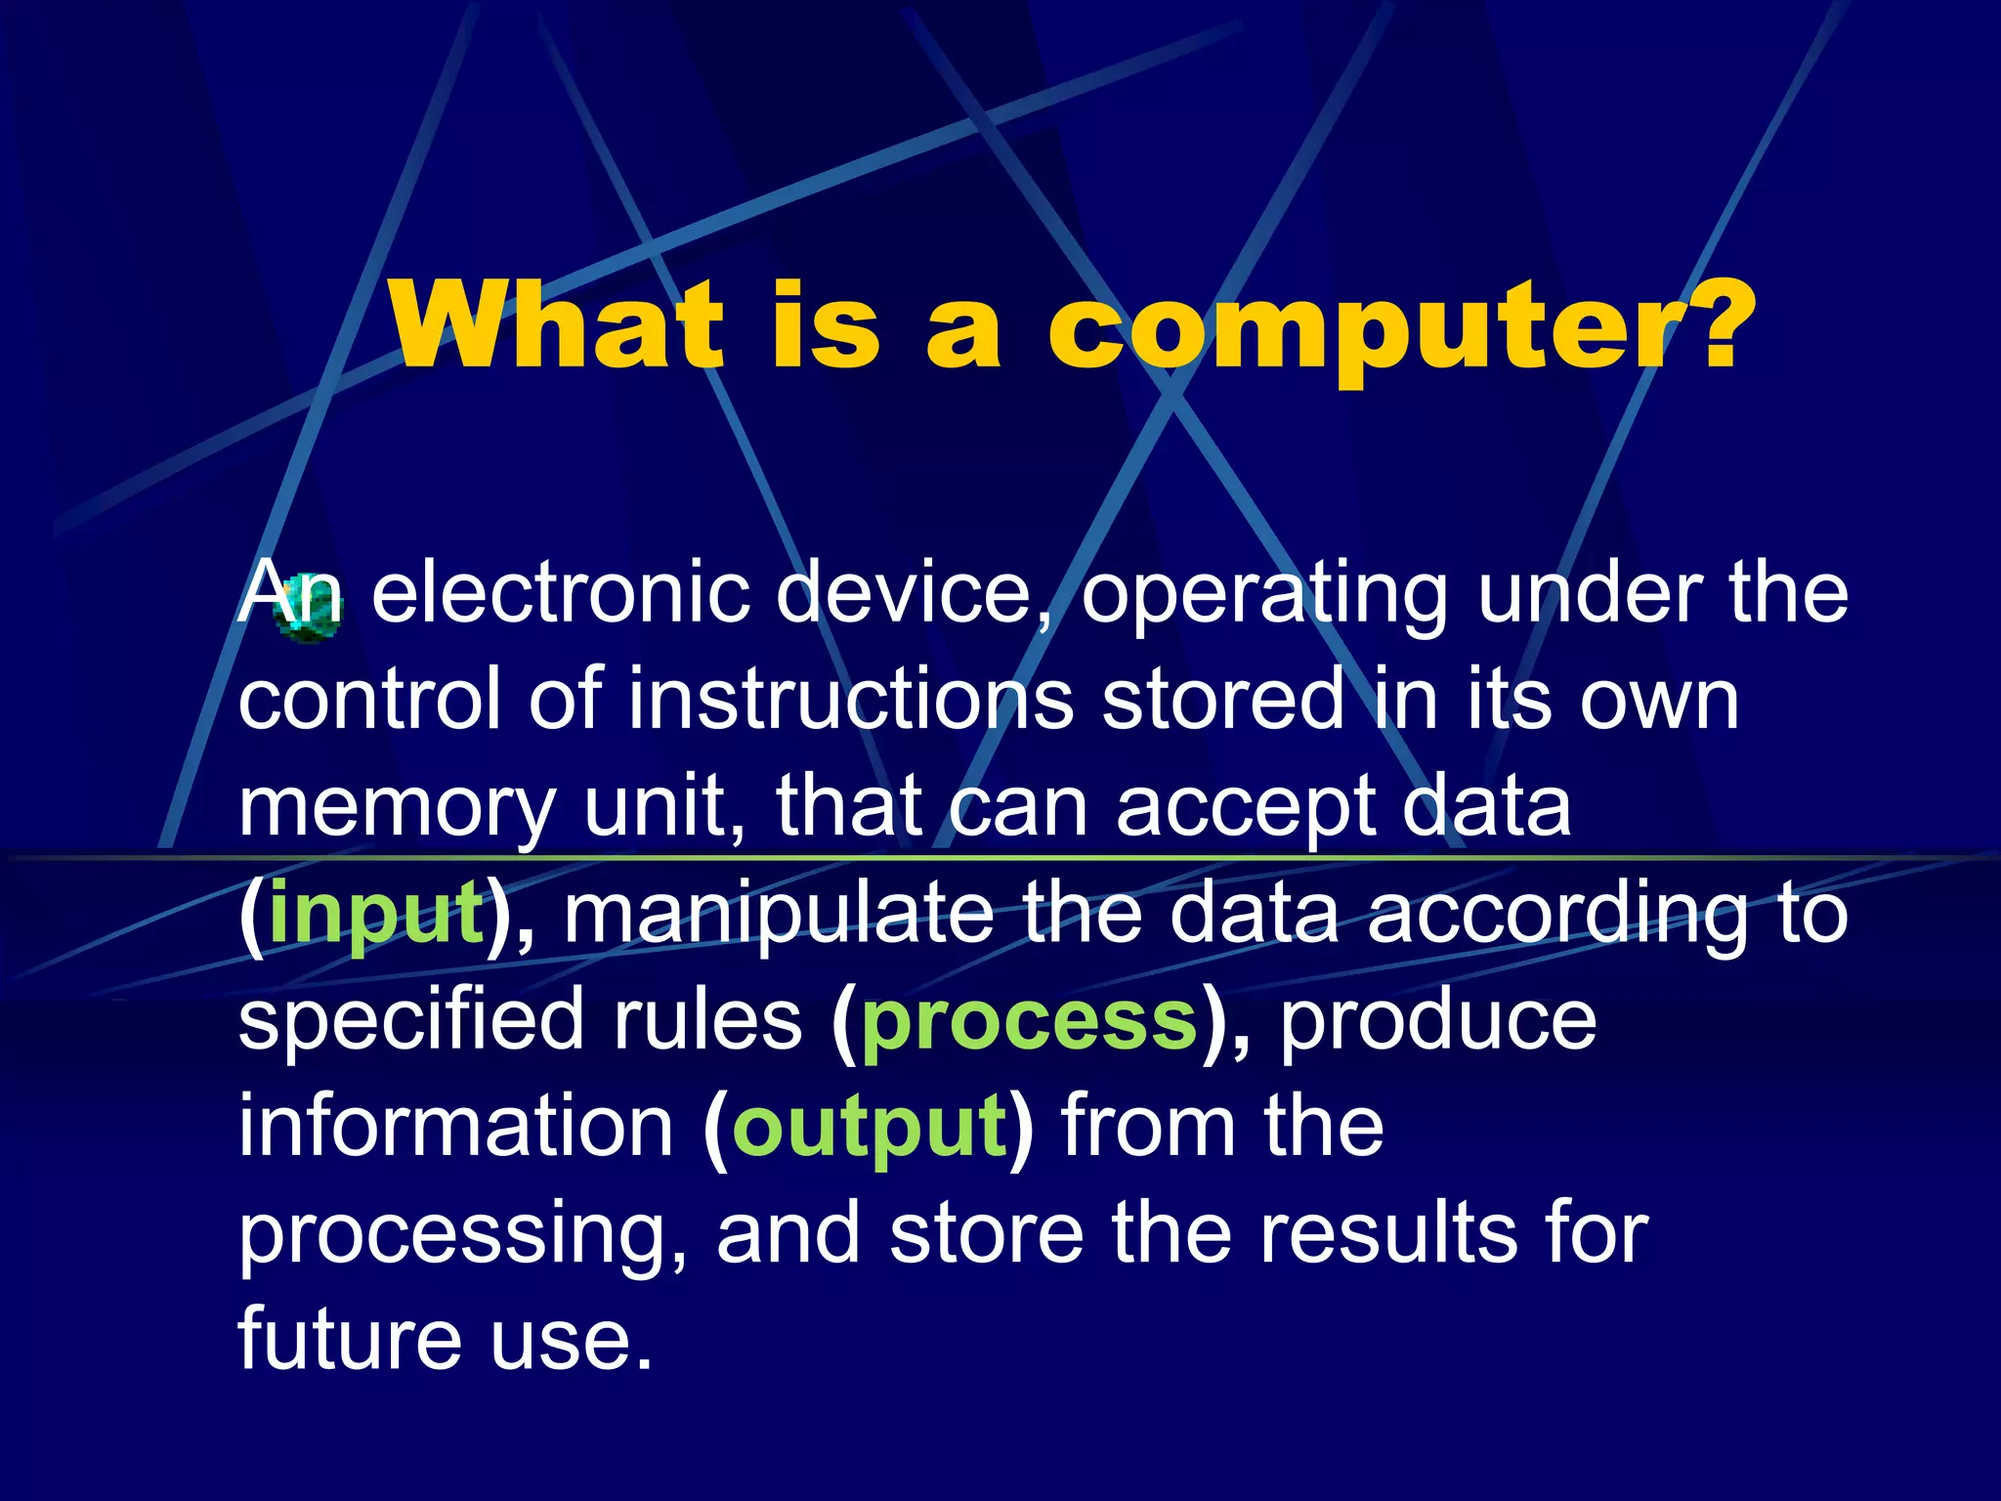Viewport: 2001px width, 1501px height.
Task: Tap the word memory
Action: (397, 809)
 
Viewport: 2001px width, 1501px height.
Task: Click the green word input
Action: (375, 915)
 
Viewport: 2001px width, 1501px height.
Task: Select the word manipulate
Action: (778, 913)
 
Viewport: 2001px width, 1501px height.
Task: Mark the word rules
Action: (707, 1021)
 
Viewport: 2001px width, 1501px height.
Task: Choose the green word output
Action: (869, 1130)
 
